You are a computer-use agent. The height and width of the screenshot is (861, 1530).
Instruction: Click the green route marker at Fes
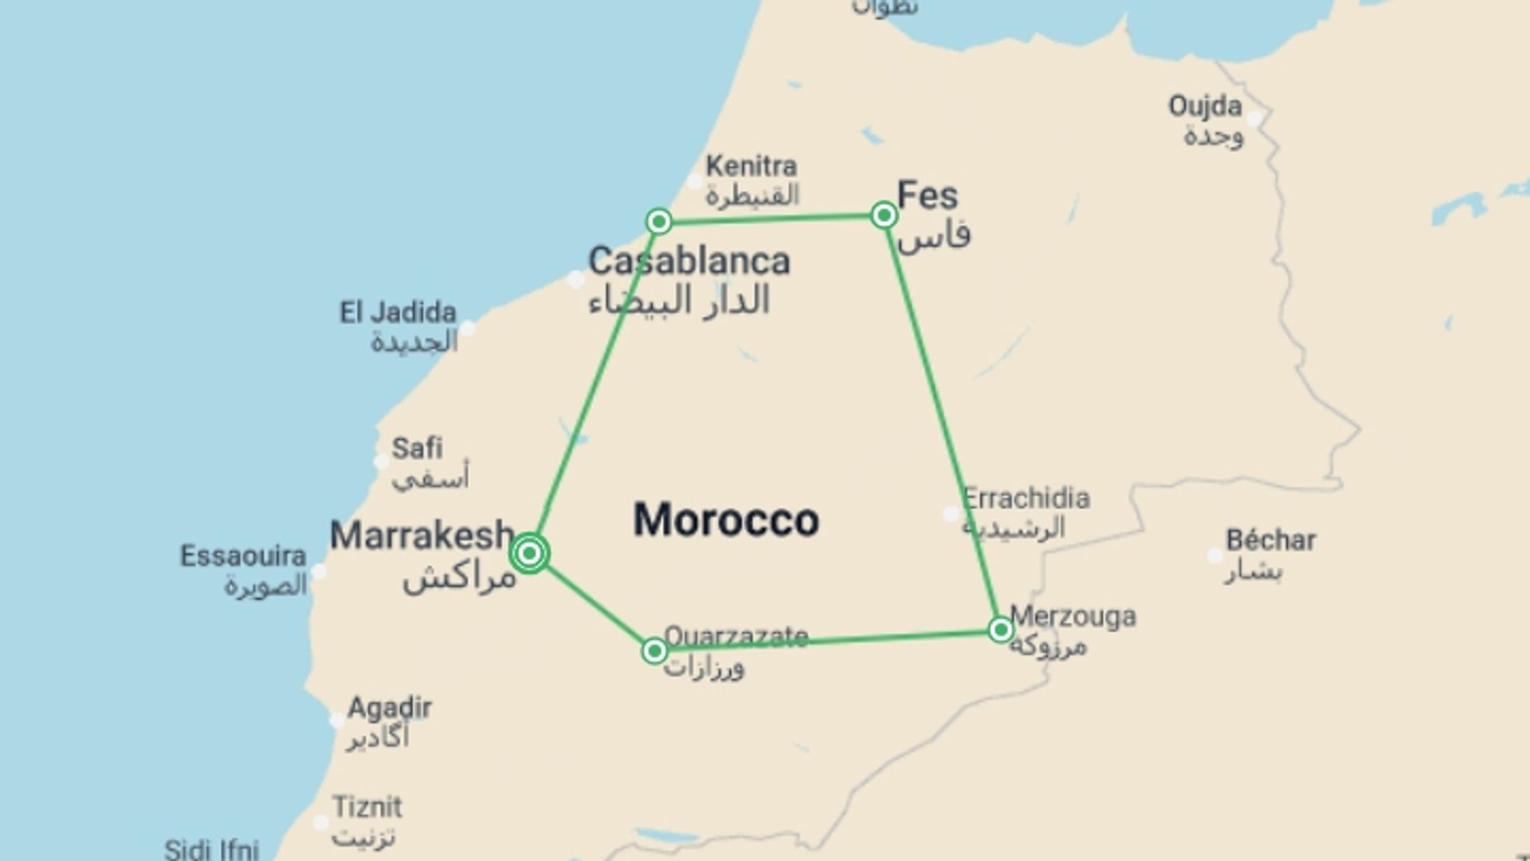(884, 215)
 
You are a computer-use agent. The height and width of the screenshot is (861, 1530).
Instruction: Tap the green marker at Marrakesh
(530, 553)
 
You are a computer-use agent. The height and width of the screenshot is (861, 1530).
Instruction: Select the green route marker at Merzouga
(1000, 630)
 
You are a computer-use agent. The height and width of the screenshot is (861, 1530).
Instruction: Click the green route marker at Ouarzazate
(654, 651)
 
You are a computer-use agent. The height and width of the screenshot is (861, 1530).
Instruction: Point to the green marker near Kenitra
(659, 221)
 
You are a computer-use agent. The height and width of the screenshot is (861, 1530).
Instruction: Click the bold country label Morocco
(726, 520)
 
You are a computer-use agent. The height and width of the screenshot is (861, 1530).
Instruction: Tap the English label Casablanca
(688, 261)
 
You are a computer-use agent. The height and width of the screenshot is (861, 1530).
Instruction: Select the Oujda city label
(1205, 106)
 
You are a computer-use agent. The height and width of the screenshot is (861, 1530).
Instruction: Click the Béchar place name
(1270, 541)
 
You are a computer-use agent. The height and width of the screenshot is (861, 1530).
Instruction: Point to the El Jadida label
(398, 313)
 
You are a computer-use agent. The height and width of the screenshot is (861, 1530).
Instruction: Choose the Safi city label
(417, 448)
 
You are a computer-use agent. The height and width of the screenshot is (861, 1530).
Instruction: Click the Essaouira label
(243, 556)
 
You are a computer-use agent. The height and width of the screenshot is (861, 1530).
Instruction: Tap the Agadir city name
(390, 708)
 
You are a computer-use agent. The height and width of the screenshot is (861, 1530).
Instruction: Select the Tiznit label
(367, 807)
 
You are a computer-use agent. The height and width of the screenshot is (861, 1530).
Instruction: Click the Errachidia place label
(1026, 498)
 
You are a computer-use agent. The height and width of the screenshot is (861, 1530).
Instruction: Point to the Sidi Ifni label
(212, 849)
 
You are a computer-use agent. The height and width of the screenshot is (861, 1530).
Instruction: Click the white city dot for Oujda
(1255, 120)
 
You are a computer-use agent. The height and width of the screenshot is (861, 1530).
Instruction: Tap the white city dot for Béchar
(1215, 556)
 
